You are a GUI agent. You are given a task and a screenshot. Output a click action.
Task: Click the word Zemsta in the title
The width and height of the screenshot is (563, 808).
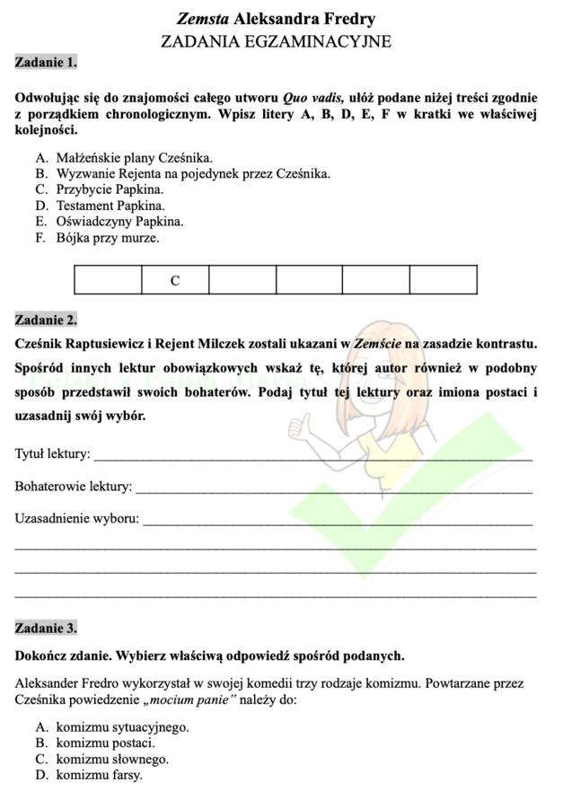[202, 19]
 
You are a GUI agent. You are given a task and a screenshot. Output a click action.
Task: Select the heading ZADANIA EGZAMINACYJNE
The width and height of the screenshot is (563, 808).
[276, 41]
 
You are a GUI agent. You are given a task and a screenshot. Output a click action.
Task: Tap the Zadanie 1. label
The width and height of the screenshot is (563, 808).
[46, 63]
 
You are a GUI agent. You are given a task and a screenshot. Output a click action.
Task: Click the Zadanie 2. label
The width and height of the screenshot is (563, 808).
[46, 320]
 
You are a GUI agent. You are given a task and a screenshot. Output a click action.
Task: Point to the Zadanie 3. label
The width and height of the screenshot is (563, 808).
[46, 628]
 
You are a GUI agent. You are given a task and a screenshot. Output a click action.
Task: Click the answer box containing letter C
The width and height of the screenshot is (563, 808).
[175, 280]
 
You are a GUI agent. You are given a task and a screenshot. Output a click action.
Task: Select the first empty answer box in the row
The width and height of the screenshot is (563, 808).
[108, 280]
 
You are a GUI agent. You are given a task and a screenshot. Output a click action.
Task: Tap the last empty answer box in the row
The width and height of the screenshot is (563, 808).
[443, 280]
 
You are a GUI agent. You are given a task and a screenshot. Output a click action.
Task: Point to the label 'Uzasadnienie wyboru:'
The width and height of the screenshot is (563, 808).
[77, 520]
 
